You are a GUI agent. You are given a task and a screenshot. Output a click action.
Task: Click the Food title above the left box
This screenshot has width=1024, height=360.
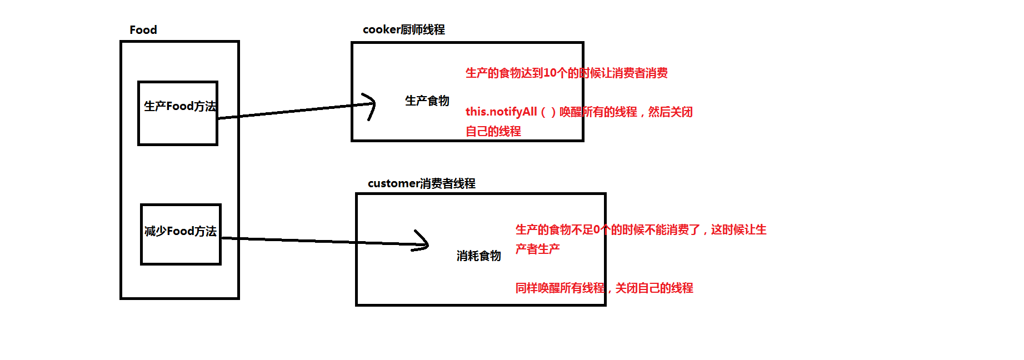pos(143,30)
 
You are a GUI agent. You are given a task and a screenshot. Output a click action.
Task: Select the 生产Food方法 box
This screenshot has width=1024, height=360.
pos(178,113)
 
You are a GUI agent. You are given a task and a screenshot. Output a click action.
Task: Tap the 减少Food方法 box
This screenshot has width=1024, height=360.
pos(181,234)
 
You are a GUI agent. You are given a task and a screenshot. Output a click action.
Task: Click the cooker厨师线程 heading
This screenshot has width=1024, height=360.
pos(403,29)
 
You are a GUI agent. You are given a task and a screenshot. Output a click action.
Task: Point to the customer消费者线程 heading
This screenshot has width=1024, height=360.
pos(421,183)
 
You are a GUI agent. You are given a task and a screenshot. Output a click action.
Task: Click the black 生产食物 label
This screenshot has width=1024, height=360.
pos(427,101)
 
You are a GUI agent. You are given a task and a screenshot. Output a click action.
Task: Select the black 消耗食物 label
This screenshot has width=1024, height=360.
pos(478,256)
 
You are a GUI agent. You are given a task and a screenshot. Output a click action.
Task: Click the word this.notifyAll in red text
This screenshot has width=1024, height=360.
pos(501,112)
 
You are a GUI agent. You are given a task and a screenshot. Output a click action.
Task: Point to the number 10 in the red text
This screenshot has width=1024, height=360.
pos(550,73)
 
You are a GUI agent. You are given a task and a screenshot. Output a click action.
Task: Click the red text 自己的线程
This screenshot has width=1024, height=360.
pos(493,131)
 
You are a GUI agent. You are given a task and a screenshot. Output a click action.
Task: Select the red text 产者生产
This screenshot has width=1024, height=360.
pos(537,249)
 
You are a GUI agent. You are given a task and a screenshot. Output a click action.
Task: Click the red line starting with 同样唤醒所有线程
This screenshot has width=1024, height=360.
pos(604,288)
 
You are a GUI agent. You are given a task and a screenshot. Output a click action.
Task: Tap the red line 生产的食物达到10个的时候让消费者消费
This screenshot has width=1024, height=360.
pos(566,73)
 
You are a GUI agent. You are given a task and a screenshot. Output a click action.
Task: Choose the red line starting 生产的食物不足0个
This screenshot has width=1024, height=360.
pos(641,229)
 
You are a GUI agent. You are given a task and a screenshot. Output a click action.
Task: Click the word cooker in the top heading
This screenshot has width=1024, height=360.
pos(381,29)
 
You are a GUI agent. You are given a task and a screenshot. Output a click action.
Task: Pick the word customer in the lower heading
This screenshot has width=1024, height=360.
pos(394,183)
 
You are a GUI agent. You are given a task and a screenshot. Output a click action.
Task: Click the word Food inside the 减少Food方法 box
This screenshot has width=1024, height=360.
pos(181,231)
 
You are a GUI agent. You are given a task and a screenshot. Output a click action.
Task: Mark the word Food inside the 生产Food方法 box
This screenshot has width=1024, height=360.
pos(179,106)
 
